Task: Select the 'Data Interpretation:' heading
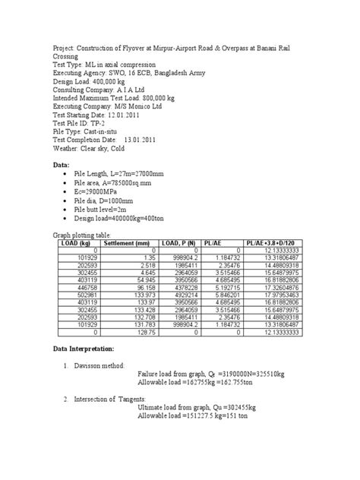pos(83,370)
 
